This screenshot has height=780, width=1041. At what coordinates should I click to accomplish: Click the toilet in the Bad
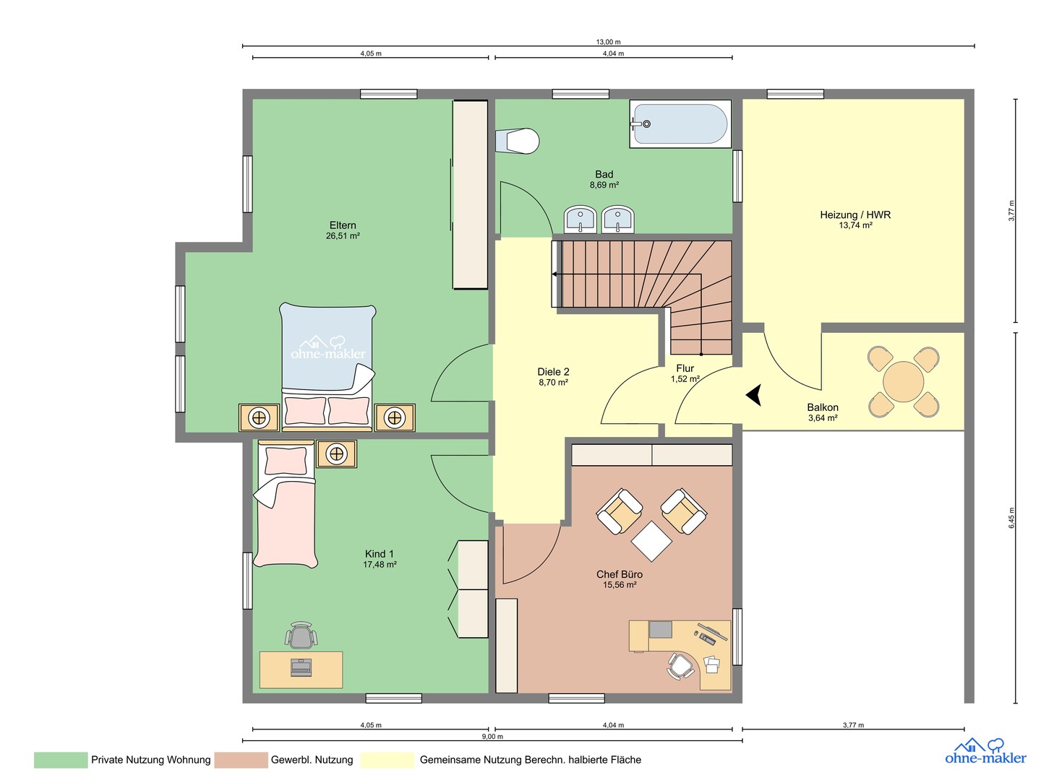pos(517,140)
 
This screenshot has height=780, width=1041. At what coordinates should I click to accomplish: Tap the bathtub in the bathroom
pos(680,123)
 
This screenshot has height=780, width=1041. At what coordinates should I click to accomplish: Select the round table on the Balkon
pos(903,382)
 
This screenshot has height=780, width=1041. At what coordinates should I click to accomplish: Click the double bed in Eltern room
pos(327,367)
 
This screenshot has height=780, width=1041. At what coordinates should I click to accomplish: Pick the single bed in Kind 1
pos(285,503)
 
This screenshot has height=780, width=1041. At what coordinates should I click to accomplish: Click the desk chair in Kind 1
pos(301,635)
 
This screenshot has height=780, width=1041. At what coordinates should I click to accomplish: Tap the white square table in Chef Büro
pos(651,541)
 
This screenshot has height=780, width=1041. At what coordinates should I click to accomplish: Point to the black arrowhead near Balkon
pos(753,394)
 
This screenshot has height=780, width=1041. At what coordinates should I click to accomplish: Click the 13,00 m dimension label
pos(608,42)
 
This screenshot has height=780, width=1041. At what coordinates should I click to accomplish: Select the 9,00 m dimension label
pos(492,737)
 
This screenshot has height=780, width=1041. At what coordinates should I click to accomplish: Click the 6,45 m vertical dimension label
pos(1011,518)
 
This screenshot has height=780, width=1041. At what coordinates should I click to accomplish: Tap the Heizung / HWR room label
pos(855,214)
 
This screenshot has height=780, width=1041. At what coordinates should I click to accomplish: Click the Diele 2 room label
pos(553,372)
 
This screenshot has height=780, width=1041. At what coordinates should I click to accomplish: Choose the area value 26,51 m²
pos(343,236)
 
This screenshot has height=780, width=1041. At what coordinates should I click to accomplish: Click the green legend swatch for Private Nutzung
pos(61,760)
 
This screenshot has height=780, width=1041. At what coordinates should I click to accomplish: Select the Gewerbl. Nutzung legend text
pos(312,760)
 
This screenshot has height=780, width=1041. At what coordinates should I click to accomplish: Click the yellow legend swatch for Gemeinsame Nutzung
pos(387,760)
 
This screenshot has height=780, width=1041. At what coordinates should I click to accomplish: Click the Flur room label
pos(685,368)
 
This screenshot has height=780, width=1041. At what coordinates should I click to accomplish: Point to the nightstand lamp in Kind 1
pos(336,454)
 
